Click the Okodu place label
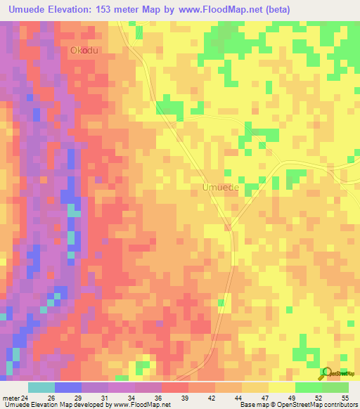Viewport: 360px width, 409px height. click(83, 51)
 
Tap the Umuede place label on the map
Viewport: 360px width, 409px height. click(220, 188)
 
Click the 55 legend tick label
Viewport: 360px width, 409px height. click(344, 398)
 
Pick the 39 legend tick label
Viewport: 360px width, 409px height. click(185, 398)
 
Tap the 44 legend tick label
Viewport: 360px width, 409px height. click(238, 398)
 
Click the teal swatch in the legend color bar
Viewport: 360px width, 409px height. click(41, 387)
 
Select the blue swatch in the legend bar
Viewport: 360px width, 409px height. click(68, 387)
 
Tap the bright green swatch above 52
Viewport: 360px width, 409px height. click(308, 387)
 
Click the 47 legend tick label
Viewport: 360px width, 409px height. click(264, 398)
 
